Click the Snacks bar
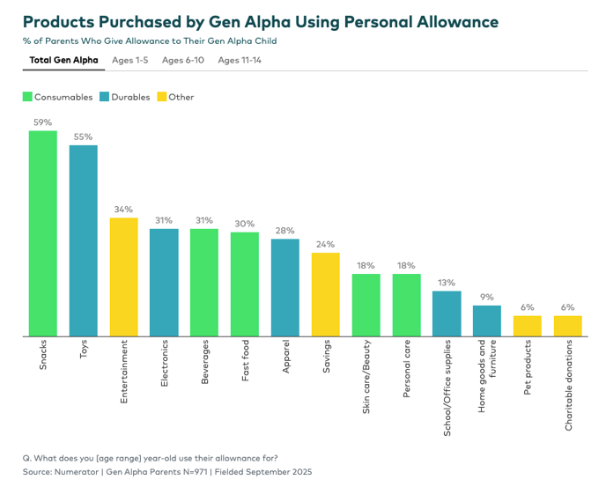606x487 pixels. pos(42,233)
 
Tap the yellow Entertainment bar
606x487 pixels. pos(123,277)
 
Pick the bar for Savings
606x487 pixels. pos(326,294)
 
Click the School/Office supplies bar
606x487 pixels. pos(447,314)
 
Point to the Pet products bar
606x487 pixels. pos(528,326)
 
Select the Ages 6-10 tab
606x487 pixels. pos(182,60)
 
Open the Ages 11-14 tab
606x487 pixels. pos(240,60)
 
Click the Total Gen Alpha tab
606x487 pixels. pos(63,60)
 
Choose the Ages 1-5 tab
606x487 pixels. pos(130,60)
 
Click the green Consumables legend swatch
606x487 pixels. pos(27,97)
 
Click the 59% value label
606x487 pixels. pos(42,122)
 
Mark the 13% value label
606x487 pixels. pos(447,283)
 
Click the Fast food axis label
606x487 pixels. pos(246,361)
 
